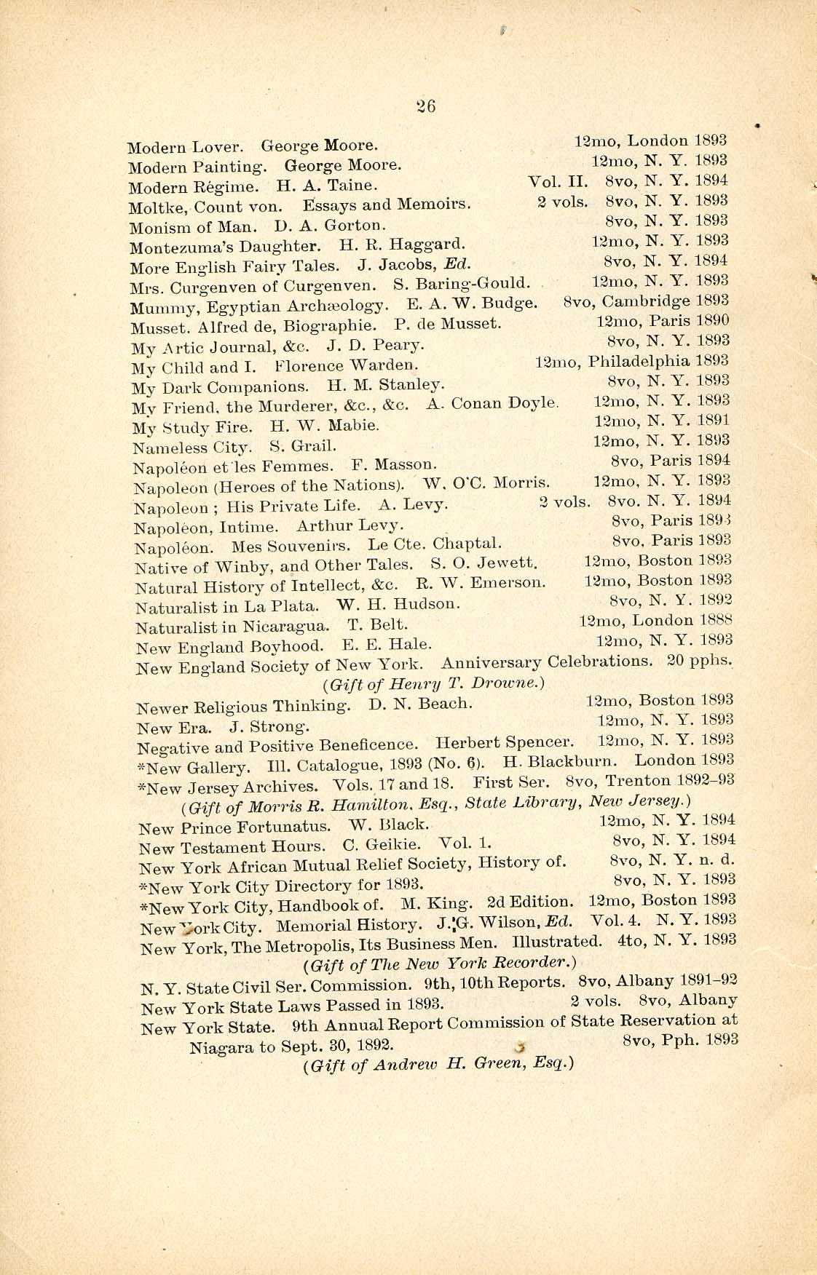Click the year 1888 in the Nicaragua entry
(714, 621)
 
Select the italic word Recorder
(533, 965)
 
